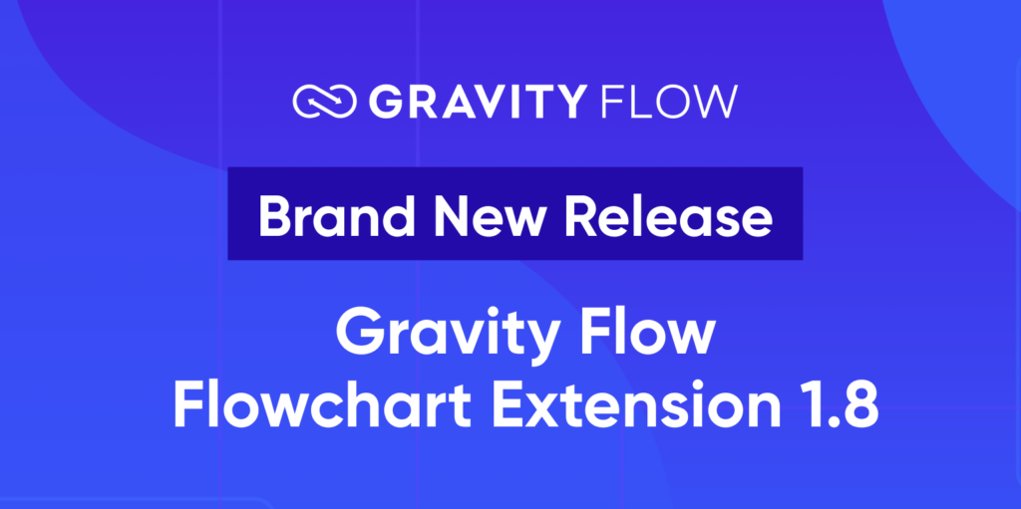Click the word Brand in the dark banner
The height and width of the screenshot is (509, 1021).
325,216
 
